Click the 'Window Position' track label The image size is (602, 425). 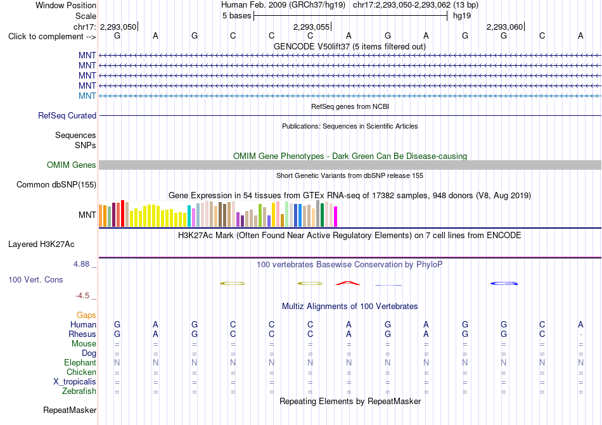click(x=66, y=5)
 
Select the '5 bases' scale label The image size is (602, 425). click(x=236, y=16)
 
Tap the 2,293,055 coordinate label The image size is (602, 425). click(x=311, y=27)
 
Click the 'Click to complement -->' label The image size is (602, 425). click(x=52, y=37)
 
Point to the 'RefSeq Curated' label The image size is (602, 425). click(x=67, y=115)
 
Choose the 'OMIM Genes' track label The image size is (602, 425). click(x=72, y=165)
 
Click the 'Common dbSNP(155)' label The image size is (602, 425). click(x=56, y=184)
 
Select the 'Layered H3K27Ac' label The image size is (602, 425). click(x=41, y=244)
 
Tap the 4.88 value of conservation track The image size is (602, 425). click(x=81, y=264)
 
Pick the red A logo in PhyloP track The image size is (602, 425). click(x=348, y=283)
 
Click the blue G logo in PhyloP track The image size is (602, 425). click(x=504, y=284)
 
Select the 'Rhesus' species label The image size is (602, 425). click(x=82, y=334)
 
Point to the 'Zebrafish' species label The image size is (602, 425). click(x=79, y=391)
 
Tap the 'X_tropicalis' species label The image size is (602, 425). click(x=75, y=382)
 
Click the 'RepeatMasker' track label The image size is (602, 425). click(x=70, y=410)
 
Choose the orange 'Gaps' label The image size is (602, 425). click(x=86, y=315)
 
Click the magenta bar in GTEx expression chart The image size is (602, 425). click(x=336, y=217)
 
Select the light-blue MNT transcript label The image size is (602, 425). click(x=87, y=96)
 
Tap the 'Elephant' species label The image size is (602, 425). click(x=80, y=362)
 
